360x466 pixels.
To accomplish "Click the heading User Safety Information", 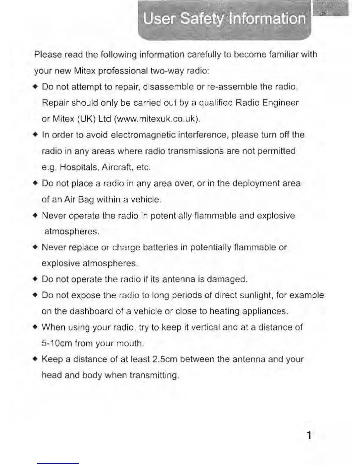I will tap(224, 19).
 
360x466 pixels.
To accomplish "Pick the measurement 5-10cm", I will tap(57, 343).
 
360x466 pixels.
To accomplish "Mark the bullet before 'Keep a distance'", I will tap(35, 359).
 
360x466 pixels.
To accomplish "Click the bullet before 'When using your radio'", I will tap(35, 327).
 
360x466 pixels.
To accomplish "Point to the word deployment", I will tap(256, 184).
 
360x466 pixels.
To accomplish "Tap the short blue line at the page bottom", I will tap(58, 463).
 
